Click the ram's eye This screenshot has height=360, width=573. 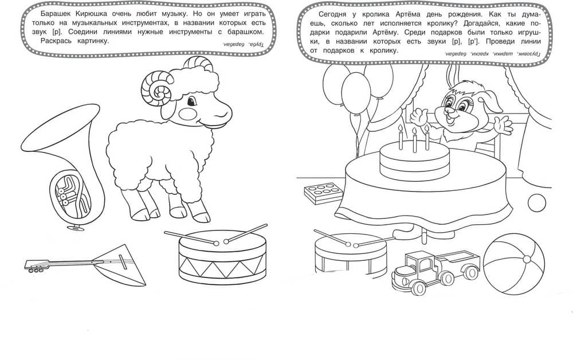191,100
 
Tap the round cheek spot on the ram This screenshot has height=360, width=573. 188,112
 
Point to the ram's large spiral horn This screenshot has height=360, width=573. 156,89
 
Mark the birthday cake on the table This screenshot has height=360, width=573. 414,161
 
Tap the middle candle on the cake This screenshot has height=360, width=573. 414,140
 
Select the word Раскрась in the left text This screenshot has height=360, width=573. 55,41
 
